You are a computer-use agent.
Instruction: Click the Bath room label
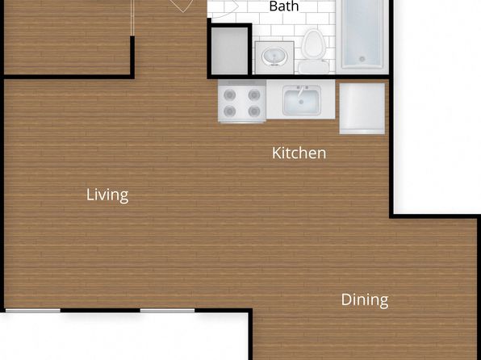coord(284,6)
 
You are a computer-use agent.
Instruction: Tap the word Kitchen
coord(299,153)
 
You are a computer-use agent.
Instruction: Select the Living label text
coord(107,195)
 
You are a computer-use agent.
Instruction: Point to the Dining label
coord(365,299)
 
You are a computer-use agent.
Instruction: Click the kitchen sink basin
coord(302,101)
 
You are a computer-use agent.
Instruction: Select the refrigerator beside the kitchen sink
coord(362,109)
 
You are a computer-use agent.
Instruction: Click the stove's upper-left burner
coord(230,94)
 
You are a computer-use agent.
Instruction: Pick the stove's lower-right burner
coord(254,111)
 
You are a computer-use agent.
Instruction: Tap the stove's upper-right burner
coord(254,94)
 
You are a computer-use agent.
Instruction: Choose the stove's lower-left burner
coord(230,111)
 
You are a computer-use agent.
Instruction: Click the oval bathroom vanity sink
coord(274,57)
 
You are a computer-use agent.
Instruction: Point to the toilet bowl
coord(313,44)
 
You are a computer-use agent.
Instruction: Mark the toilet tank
coord(313,67)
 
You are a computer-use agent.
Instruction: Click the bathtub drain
coord(362,59)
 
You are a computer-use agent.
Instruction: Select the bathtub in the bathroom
coord(362,36)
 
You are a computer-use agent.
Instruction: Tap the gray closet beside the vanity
coord(230,51)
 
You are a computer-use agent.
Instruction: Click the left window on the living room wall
coord(33,311)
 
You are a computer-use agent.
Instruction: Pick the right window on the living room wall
coord(168,311)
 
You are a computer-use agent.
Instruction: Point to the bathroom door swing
coord(223,9)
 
